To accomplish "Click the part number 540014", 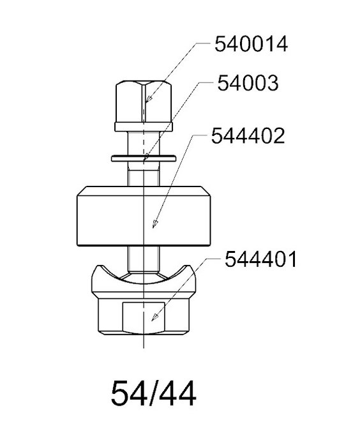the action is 251,44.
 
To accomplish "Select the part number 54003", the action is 248,83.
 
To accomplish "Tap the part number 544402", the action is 248,135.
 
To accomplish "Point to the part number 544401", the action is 260,259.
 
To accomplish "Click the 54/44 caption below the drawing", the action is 153,393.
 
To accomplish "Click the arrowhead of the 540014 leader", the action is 148,98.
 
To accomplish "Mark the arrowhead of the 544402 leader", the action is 154,223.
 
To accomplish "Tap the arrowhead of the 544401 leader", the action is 154,317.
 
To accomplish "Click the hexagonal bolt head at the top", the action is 144,102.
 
